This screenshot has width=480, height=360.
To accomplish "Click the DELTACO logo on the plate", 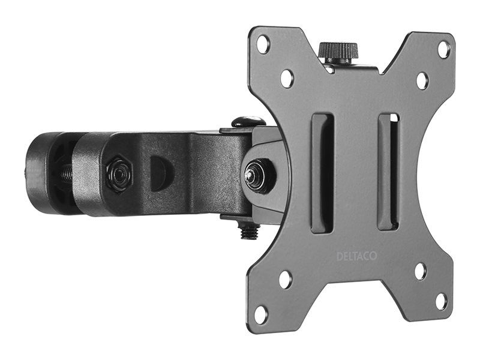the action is click(356, 256).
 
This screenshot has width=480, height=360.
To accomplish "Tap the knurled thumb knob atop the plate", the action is click(338, 52).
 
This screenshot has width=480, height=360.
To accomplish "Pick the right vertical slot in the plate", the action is click(389, 173).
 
